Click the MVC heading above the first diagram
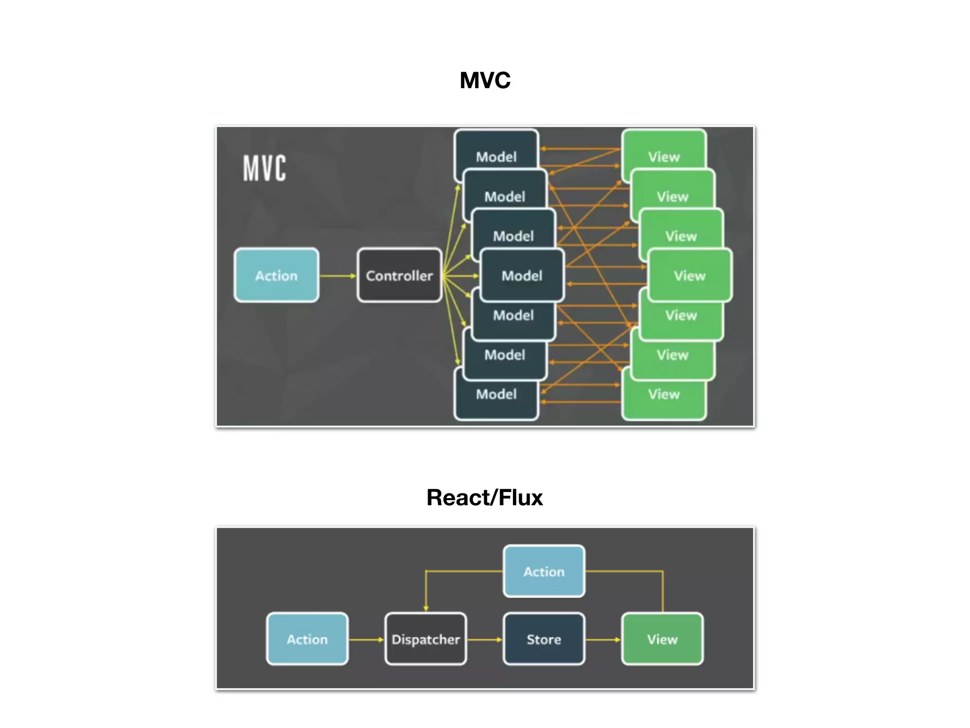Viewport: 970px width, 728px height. pyautogui.click(x=485, y=80)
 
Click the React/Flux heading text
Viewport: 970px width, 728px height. pyautogui.click(x=485, y=498)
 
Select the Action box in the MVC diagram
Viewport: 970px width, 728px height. pyautogui.click(x=277, y=275)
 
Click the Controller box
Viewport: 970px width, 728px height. pyautogui.click(x=399, y=275)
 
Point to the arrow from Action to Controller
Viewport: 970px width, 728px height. pyautogui.click(x=337, y=275)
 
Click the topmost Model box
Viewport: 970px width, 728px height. pyautogui.click(x=496, y=152)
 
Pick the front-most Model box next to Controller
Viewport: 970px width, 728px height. pyautogui.click(x=522, y=275)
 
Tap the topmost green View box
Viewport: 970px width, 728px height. pyautogui.click(x=664, y=152)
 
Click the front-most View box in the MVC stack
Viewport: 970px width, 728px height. pyautogui.click(x=690, y=275)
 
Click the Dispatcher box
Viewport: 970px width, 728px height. pyautogui.click(x=425, y=639)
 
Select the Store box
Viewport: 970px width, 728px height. pyautogui.click(x=544, y=639)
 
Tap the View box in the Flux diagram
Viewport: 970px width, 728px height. pyautogui.click(x=662, y=639)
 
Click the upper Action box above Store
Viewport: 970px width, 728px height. pyautogui.click(x=544, y=571)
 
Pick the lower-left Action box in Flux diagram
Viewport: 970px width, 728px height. pyautogui.click(x=307, y=639)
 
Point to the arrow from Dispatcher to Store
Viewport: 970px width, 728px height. pyautogui.click(x=485, y=639)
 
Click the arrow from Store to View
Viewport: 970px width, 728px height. pyautogui.click(x=603, y=639)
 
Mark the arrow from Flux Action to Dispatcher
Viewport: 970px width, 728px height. pyautogui.click(x=366, y=639)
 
